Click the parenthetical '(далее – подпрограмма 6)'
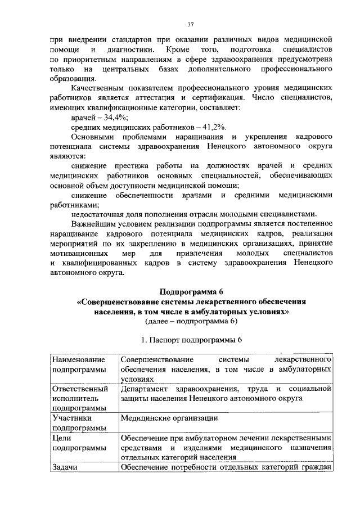tap(191, 321)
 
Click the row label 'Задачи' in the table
tap(64, 467)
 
